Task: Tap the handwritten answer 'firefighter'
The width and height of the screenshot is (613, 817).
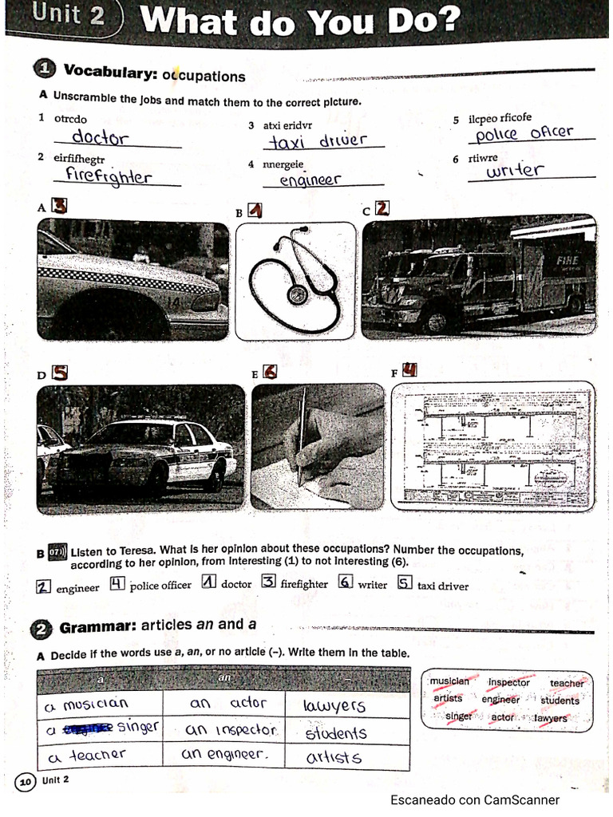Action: [x=108, y=176]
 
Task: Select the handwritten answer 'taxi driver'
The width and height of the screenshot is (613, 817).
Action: [x=317, y=141]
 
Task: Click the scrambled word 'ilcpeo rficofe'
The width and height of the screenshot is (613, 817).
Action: [x=500, y=119]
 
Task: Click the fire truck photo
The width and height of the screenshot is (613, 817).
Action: [x=479, y=279]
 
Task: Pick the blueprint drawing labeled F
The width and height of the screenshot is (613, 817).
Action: [x=492, y=447]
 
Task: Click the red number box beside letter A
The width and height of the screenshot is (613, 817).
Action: [x=59, y=206]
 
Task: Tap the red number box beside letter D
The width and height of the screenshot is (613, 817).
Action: [x=60, y=373]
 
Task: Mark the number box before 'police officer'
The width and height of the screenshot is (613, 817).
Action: [x=117, y=583]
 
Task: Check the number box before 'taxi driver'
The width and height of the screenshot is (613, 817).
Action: [x=405, y=583]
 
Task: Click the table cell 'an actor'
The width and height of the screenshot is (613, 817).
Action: [x=227, y=704]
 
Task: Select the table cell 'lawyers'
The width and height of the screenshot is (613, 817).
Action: [x=335, y=706]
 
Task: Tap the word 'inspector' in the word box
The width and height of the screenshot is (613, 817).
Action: [x=508, y=683]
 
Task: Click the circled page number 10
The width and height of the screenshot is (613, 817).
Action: [x=25, y=783]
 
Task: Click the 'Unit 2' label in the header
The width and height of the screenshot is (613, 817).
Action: [x=69, y=16]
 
